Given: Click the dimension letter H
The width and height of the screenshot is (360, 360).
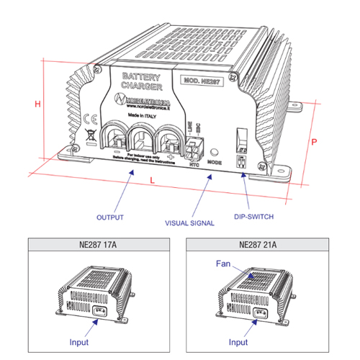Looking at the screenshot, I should click(x=37, y=104).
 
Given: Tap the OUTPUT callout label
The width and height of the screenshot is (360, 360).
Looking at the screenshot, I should click(x=111, y=216).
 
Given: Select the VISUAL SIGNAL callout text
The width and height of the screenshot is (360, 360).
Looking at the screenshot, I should click(x=191, y=223).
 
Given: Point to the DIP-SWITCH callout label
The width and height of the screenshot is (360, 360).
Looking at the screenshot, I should click(x=256, y=216).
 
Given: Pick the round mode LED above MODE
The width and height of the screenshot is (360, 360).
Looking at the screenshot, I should click(x=213, y=152).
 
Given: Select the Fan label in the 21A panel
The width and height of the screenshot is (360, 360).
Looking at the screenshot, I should click(x=223, y=264).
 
